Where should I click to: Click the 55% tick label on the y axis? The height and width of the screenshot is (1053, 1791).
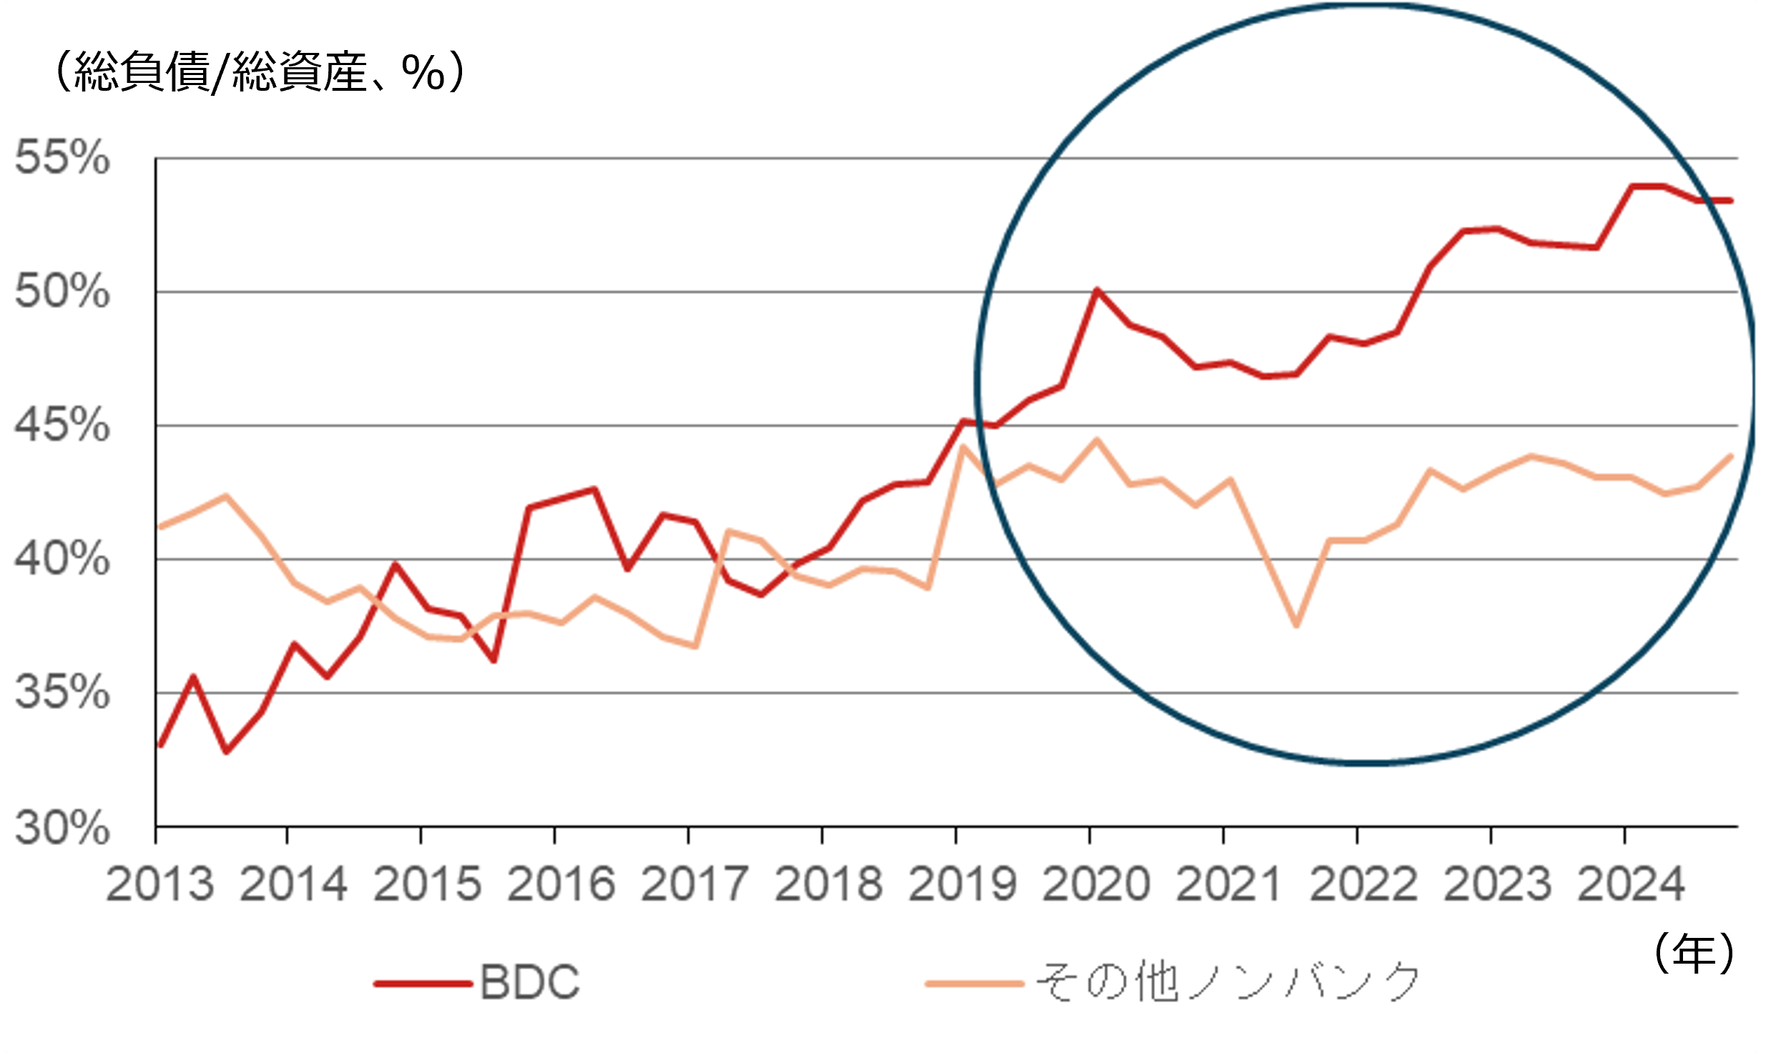coord(62,157)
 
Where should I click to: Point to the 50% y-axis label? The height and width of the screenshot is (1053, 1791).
coord(62,292)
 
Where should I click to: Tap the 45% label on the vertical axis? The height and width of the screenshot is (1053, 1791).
coord(62,425)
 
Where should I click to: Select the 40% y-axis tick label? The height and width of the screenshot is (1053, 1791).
coord(62,559)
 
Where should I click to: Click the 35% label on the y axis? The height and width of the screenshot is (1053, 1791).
coord(62,693)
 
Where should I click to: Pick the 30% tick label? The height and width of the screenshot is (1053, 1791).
coord(62,828)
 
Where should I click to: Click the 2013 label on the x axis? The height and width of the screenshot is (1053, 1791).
coord(160,884)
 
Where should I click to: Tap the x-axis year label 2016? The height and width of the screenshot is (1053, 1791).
coord(561,884)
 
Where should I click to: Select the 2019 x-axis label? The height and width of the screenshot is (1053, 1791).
coord(963,884)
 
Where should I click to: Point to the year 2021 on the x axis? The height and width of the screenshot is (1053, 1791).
coord(1229,884)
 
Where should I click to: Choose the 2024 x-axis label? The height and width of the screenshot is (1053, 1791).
coord(1631,884)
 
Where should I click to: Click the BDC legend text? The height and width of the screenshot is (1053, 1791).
coord(530,983)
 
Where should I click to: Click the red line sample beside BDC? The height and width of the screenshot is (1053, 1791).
coord(423,984)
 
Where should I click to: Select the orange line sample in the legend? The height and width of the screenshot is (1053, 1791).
coord(974,984)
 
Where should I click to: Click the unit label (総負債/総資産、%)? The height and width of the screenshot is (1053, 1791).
coord(260,72)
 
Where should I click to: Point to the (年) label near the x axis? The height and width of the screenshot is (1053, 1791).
coord(1694,953)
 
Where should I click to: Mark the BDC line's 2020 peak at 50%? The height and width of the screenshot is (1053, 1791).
coord(1096,290)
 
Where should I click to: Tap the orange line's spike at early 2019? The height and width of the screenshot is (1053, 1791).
coord(963,447)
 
